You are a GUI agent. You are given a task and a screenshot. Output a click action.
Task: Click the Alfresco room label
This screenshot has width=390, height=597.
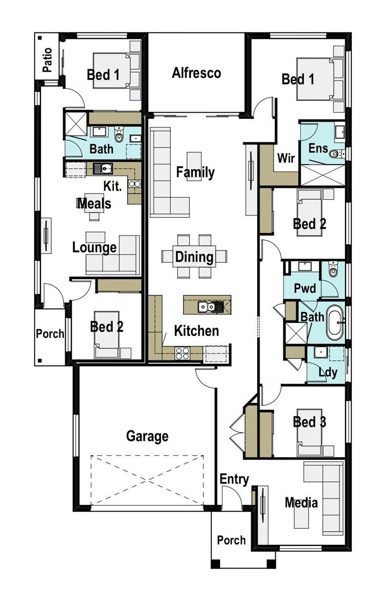point(196,73)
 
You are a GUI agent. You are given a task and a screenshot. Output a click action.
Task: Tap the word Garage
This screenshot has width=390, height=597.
point(147,436)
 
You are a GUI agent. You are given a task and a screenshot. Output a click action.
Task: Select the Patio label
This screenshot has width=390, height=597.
point(47,60)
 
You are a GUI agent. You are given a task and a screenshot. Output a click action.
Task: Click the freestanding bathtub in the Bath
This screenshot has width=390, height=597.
point(335,323)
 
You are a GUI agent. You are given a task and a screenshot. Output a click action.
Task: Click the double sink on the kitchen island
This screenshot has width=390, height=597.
point(206,307)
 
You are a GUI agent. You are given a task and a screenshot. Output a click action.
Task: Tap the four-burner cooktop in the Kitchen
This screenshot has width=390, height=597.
point(182,353)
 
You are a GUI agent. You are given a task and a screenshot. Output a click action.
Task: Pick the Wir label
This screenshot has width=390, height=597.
point(286,158)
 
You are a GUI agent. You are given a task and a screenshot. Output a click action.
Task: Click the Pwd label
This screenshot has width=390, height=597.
point(305,288)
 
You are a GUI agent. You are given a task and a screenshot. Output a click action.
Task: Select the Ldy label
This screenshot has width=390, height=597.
point(328,372)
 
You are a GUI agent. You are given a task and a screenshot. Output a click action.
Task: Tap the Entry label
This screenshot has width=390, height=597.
point(234,480)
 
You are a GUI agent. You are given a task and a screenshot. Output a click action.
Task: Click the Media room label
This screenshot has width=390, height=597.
point(301,502)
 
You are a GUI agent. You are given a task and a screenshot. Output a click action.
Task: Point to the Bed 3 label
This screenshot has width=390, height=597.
point(309,422)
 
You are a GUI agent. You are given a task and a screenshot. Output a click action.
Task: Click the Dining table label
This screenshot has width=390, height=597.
point(194,257)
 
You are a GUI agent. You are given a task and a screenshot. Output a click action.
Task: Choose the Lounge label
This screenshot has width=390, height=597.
point(95,248)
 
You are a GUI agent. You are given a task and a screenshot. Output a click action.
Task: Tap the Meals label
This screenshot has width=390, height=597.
point(94,204)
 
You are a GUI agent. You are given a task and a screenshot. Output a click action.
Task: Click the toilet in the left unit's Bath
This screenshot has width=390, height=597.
point(119,135)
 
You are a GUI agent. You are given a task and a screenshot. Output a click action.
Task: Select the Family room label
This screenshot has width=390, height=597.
point(195,172)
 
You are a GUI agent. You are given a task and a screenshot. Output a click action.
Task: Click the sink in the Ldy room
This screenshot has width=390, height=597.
point(320,352)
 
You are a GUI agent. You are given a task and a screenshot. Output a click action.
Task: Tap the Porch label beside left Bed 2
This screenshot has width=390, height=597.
point(50,333)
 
